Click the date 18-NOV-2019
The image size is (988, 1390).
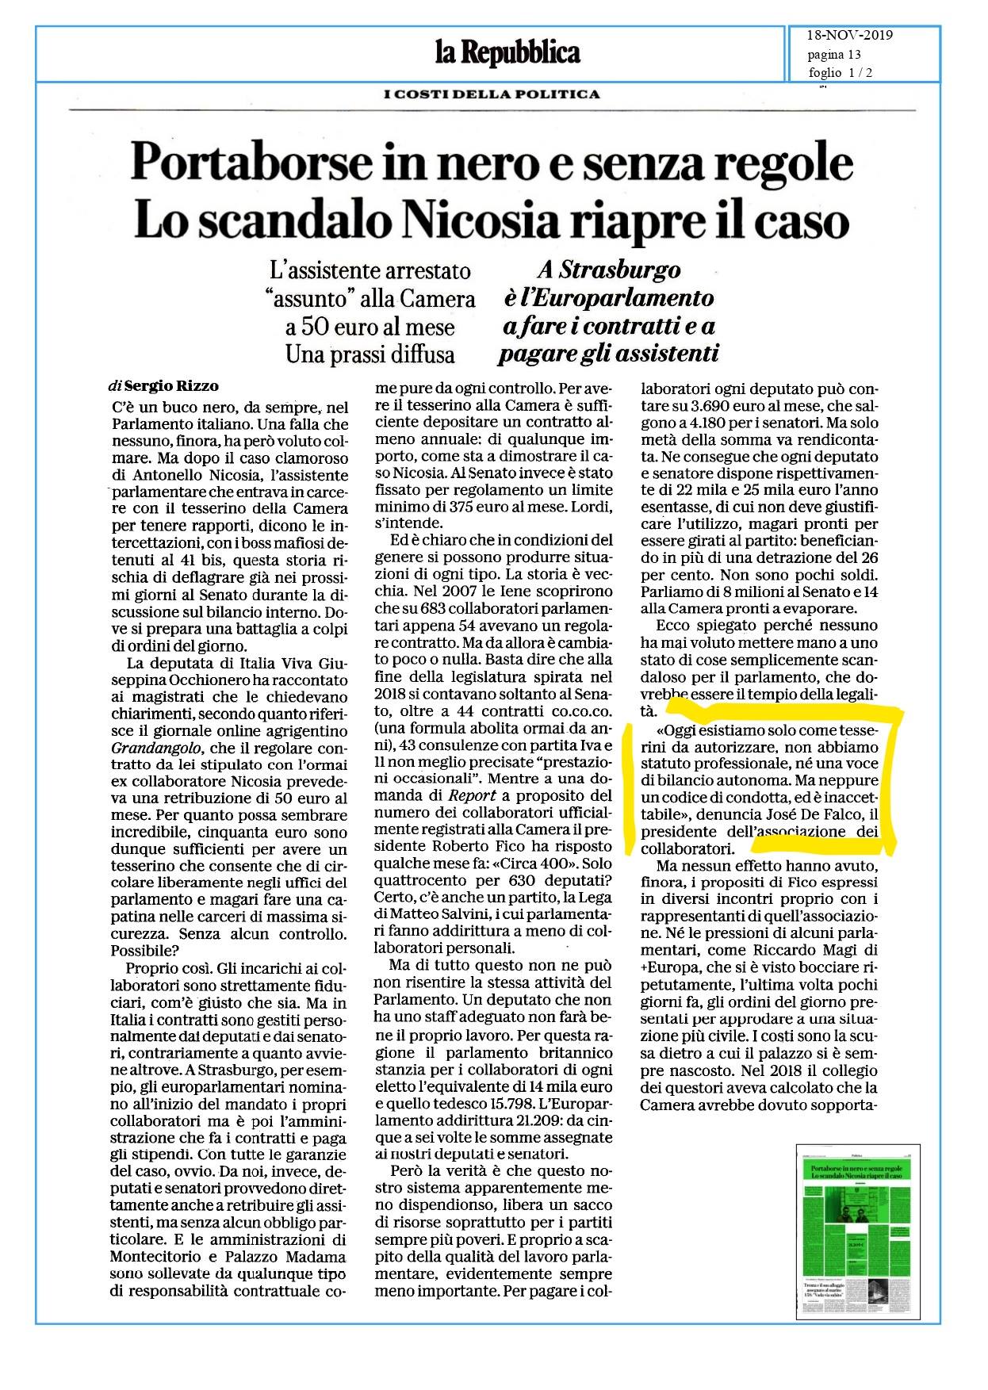850,36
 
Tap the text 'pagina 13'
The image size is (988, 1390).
834,55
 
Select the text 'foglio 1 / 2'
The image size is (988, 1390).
840,73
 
